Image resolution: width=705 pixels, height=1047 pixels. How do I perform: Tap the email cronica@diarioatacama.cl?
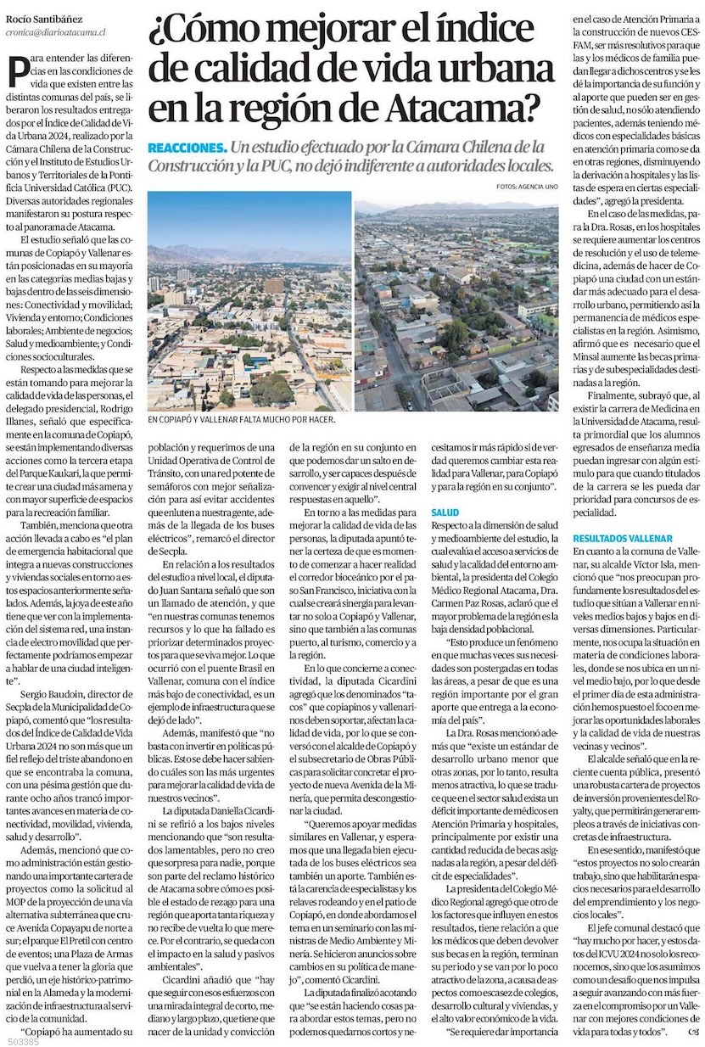(55, 25)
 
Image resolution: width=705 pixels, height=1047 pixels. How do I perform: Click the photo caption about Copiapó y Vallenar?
(241, 419)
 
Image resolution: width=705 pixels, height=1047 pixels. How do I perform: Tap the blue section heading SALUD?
(445, 513)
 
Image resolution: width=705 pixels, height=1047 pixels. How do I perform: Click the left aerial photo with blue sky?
(249, 301)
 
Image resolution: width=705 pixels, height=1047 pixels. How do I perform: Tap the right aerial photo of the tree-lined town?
(456, 305)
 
